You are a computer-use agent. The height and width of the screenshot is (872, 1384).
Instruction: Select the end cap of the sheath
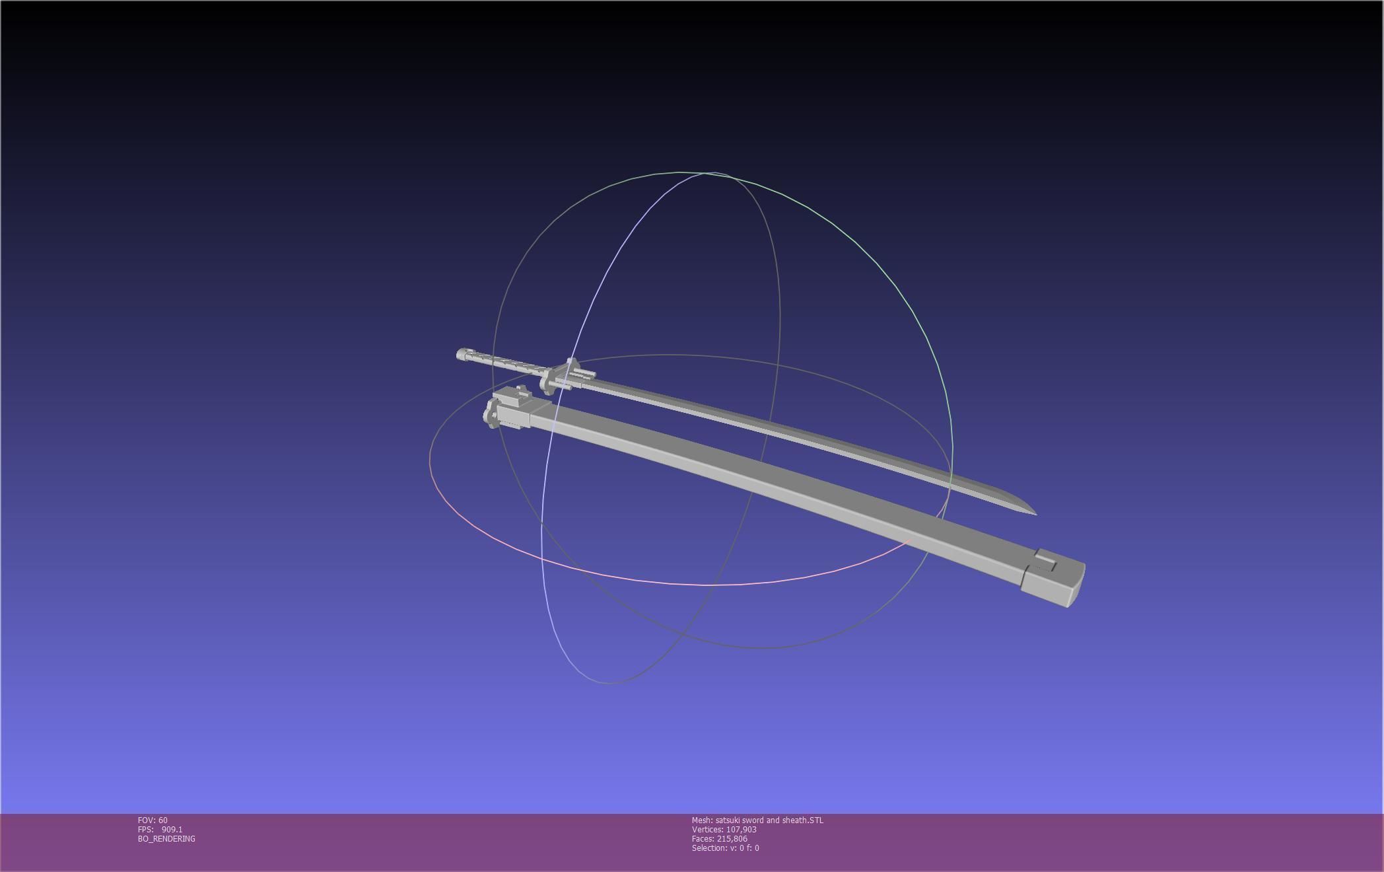tap(1053, 580)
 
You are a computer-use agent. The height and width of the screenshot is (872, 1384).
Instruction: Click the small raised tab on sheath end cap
tap(1045, 560)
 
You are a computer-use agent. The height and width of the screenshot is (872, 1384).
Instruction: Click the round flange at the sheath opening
tap(492, 414)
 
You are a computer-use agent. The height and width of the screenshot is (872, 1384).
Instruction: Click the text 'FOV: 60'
tap(153, 820)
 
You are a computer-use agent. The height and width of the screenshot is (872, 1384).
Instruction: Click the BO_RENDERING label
tap(166, 839)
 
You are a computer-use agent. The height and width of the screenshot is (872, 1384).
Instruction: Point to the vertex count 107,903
tap(741, 830)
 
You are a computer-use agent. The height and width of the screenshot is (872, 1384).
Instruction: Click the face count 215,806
tap(732, 839)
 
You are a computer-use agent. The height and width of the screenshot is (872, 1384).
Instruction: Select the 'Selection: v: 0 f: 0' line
tap(725, 848)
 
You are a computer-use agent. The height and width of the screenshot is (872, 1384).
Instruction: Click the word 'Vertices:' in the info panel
tap(707, 830)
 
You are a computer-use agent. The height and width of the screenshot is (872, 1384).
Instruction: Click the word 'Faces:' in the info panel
tap(703, 839)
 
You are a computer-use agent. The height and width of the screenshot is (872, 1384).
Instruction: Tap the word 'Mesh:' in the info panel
tap(702, 820)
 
